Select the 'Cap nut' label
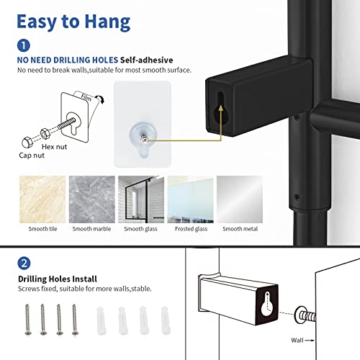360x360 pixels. tap(32, 154)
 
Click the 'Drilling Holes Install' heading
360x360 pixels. tap(58, 278)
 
